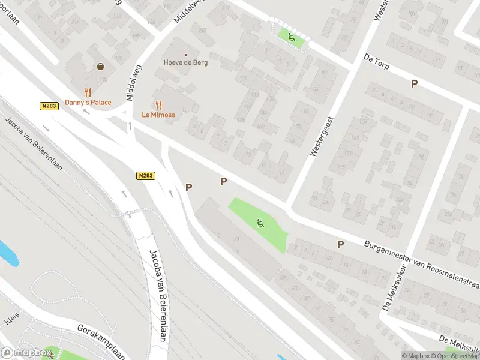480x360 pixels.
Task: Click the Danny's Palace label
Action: [x=88, y=102]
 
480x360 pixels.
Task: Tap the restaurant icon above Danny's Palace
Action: [x=88, y=92]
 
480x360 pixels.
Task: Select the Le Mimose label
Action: [x=158, y=114]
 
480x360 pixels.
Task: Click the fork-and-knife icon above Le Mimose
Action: [x=158, y=104]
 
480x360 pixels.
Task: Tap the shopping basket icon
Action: [x=100, y=67]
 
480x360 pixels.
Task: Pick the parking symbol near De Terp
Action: [x=414, y=84]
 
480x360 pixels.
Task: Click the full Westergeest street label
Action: [x=320, y=137]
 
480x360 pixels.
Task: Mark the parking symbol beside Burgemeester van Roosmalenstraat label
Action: [x=340, y=244]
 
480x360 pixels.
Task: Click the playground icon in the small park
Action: [x=291, y=37]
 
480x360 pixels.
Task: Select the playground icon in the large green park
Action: [x=260, y=224]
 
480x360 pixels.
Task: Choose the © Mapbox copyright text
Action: [x=416, y=356]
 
